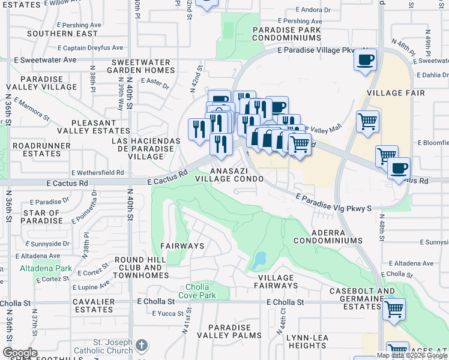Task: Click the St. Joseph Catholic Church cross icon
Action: point(141,345)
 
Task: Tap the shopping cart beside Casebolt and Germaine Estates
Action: point(394,310)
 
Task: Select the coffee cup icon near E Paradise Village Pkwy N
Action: point(365,60)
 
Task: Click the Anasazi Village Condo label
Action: point(229,174)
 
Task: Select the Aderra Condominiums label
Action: point(328,236)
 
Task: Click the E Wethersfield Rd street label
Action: point(97,172)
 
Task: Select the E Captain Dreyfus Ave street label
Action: point(91,48)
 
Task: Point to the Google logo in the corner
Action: point(20,353)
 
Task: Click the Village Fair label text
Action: point(396,93)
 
